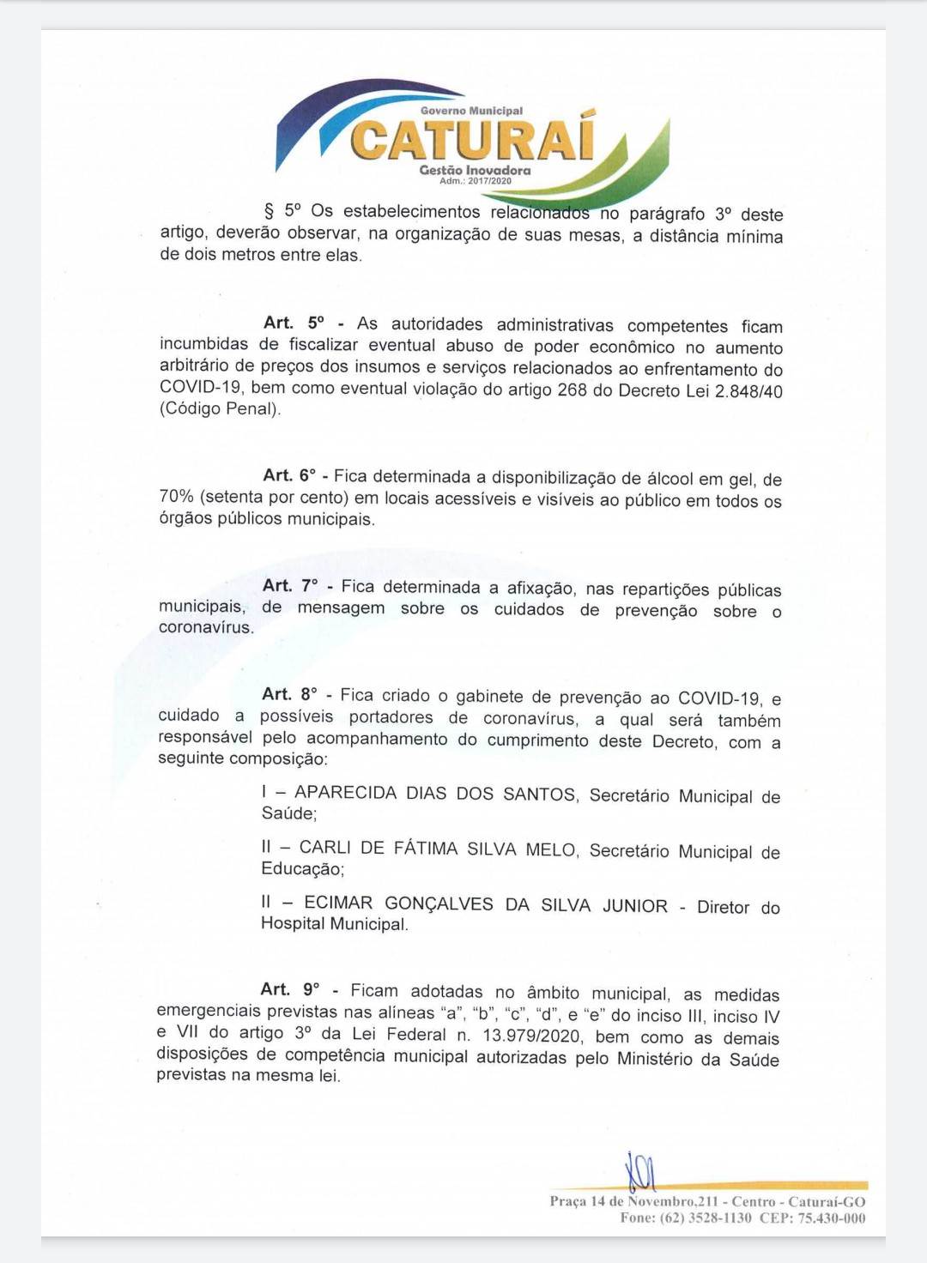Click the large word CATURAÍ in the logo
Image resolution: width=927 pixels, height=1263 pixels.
(x=471, y=140)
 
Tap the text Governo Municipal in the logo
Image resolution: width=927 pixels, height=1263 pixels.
(x=471, y=111)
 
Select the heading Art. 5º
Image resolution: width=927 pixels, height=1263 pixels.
(x=294, y=323)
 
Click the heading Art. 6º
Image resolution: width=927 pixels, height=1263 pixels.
(x=289, y=476)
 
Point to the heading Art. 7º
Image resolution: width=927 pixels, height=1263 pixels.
(x=290, y=586)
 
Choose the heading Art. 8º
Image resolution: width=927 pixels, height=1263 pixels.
(x=289, y=694)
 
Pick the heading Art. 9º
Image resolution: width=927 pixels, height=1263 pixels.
(x=289, y=990)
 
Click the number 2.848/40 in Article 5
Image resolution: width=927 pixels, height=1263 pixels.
(x=748, y=391)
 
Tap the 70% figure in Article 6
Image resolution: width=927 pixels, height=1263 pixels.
(x=176, y=497)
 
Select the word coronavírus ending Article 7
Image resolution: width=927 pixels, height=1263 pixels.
(x=206, y=627)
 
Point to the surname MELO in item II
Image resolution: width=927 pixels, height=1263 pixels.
(x=551, y=849)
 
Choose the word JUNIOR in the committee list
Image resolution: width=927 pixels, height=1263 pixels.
(x=634, y=906)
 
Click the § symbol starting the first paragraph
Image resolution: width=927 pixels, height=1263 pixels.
(x=269, y=211)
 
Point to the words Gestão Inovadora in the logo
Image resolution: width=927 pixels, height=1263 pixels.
(x=475, y=170)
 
